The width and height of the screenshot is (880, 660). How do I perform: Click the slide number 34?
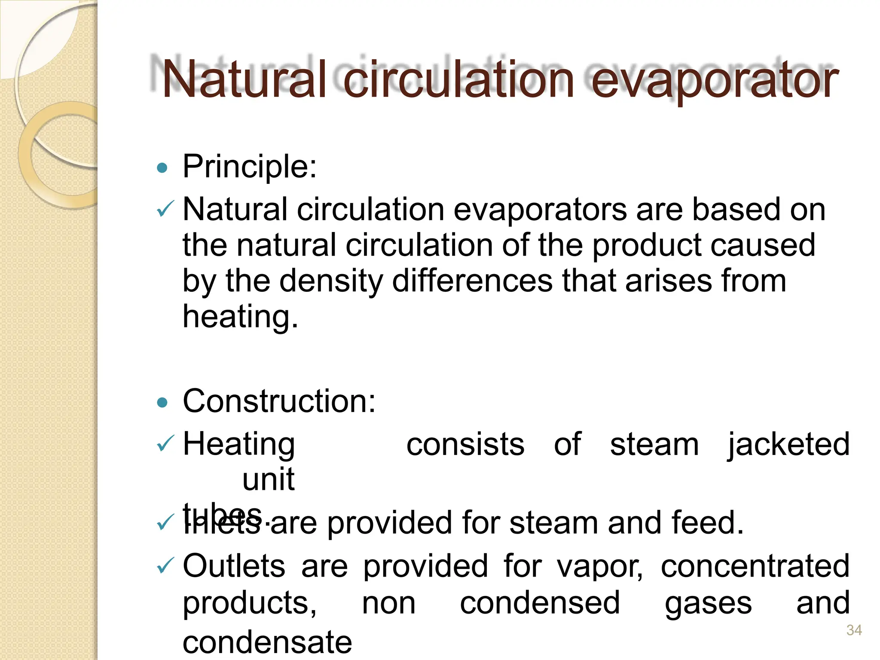point(854,630)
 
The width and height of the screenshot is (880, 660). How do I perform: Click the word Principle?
point(250,167)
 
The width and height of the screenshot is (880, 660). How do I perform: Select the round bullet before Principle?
point(162,168)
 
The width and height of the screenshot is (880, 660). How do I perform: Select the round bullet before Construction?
point(162,402)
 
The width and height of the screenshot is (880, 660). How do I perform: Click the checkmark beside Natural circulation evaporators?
point(165,209)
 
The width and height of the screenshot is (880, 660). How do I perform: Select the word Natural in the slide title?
point(244,80)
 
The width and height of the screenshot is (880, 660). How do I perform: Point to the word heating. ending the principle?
point(240,317)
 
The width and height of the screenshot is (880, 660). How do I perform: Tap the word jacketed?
point(788,444)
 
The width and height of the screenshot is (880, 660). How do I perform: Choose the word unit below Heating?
point(269,479)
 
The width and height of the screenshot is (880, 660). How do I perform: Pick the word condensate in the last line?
point(267,642)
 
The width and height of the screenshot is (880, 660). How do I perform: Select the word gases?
point(708,603)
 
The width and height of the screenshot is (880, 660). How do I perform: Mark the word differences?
point(472,281)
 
